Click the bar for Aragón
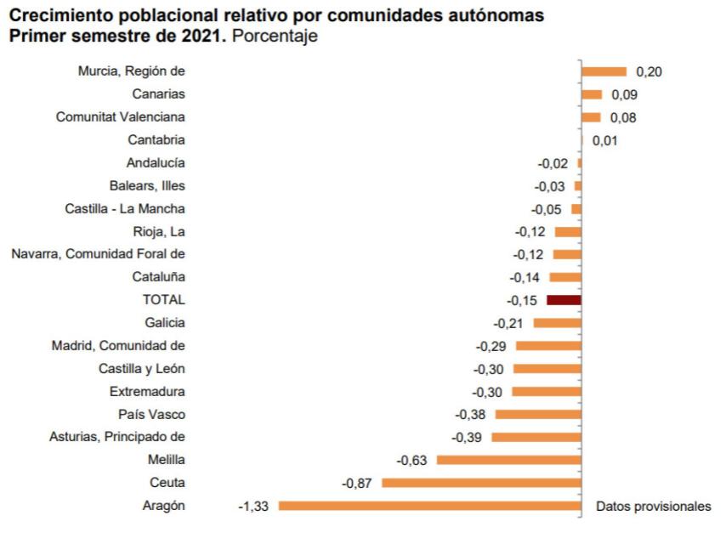click(430, 506)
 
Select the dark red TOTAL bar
click(564, 300)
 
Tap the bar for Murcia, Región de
click(604, 71)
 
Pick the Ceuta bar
click(482, 483)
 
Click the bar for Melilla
click(509, 460)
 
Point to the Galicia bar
click(558, 323)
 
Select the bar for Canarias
click(592, 94)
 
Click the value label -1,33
click(253, 507)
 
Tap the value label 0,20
click(649, 72)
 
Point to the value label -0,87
click(356, 483)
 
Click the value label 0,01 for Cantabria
click(604, 140)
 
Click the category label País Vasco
click(151, 414)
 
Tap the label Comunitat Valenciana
click(120, 117)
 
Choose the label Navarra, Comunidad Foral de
click(98, 254)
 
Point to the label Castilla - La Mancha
click(125, 208)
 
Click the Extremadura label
click(147, 392)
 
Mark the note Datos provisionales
click(653, 506)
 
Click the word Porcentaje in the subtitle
click(275, 37)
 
